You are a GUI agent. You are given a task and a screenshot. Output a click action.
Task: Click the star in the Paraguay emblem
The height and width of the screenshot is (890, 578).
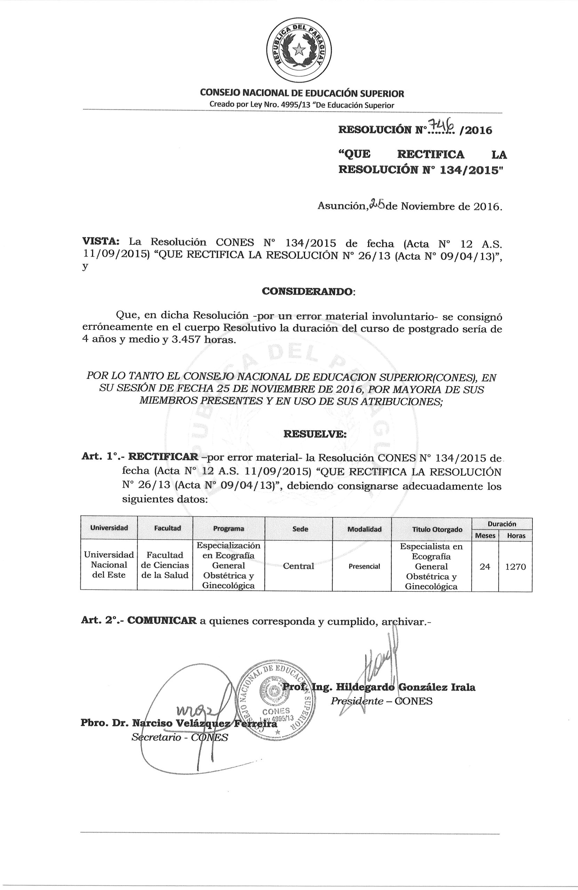299,49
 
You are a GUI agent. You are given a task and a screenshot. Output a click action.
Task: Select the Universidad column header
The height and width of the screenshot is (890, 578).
109,528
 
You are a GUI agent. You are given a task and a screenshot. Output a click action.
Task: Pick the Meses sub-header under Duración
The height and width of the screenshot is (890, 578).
485,535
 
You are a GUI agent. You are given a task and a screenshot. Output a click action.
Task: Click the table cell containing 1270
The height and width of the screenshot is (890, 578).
515,567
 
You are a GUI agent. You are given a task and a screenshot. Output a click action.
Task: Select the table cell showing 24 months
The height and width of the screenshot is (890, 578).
485,567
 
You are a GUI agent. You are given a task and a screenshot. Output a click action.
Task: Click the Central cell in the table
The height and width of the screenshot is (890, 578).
298,566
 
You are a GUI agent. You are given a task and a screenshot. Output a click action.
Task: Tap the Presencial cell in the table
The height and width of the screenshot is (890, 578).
364,567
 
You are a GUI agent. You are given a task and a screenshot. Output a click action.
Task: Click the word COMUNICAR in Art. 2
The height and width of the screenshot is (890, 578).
162,621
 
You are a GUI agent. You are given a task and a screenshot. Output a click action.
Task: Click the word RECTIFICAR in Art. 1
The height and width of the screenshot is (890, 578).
163,456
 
